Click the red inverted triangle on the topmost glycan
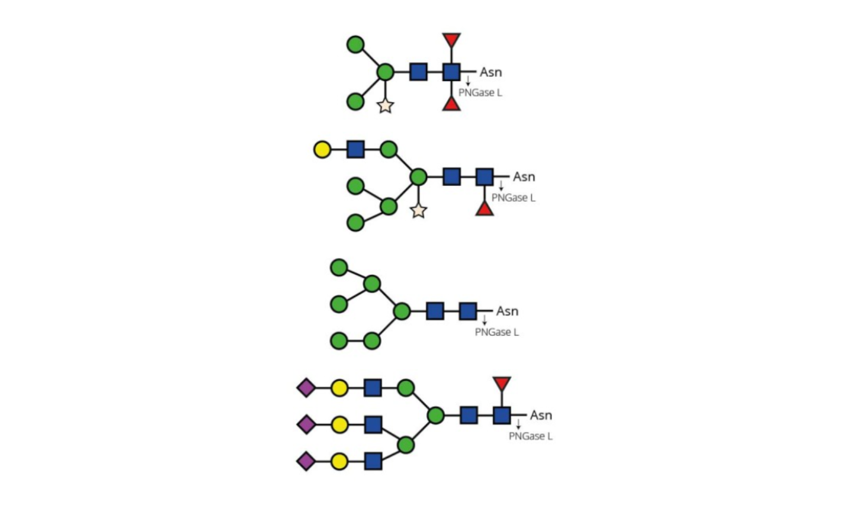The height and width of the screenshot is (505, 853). [x=451, y=40]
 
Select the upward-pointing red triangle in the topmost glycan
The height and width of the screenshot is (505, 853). [x=451, y=104]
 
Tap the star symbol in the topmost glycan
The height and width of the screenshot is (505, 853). [x=385, y=106]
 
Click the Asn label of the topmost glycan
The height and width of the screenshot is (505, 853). [x=490, y=72]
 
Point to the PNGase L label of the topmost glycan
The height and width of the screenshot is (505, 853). [x=480, y=93]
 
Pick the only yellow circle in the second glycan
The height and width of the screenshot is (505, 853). [x=322, y=149]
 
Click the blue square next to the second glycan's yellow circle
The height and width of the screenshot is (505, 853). [x=355, y=149]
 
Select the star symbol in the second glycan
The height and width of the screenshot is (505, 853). [x=418, y=210]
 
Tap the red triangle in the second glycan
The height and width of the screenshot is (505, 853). [x=485, y=208]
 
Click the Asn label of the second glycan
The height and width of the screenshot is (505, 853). [x=524, y=177]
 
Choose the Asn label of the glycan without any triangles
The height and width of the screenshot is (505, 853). [x=507, y=311]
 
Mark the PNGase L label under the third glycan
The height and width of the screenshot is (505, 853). [x=496, y=332]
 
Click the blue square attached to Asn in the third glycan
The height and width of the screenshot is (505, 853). [x=468, y=311]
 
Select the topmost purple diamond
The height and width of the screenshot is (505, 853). [x=306, y=388]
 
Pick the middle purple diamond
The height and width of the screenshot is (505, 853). [x=306, y=424]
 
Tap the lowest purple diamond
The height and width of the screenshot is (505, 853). [x=306, y=461]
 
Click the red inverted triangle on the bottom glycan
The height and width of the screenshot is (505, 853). [x=502, y=383]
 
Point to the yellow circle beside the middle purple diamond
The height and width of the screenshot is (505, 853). [x=339, y=424]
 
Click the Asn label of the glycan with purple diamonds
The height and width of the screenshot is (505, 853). [x=541, y=415]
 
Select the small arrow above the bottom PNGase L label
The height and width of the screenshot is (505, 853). [x=518, y=424]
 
